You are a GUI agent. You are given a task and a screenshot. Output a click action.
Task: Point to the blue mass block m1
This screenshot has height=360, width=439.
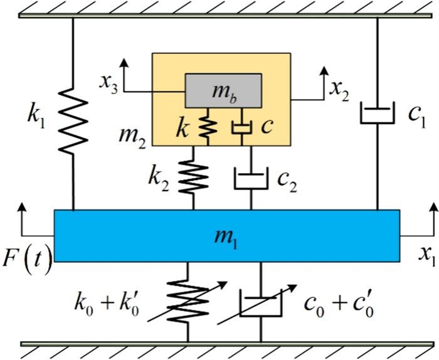point(226,235)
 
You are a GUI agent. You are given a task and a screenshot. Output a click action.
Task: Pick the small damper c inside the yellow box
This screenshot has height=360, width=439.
point(240,127)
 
